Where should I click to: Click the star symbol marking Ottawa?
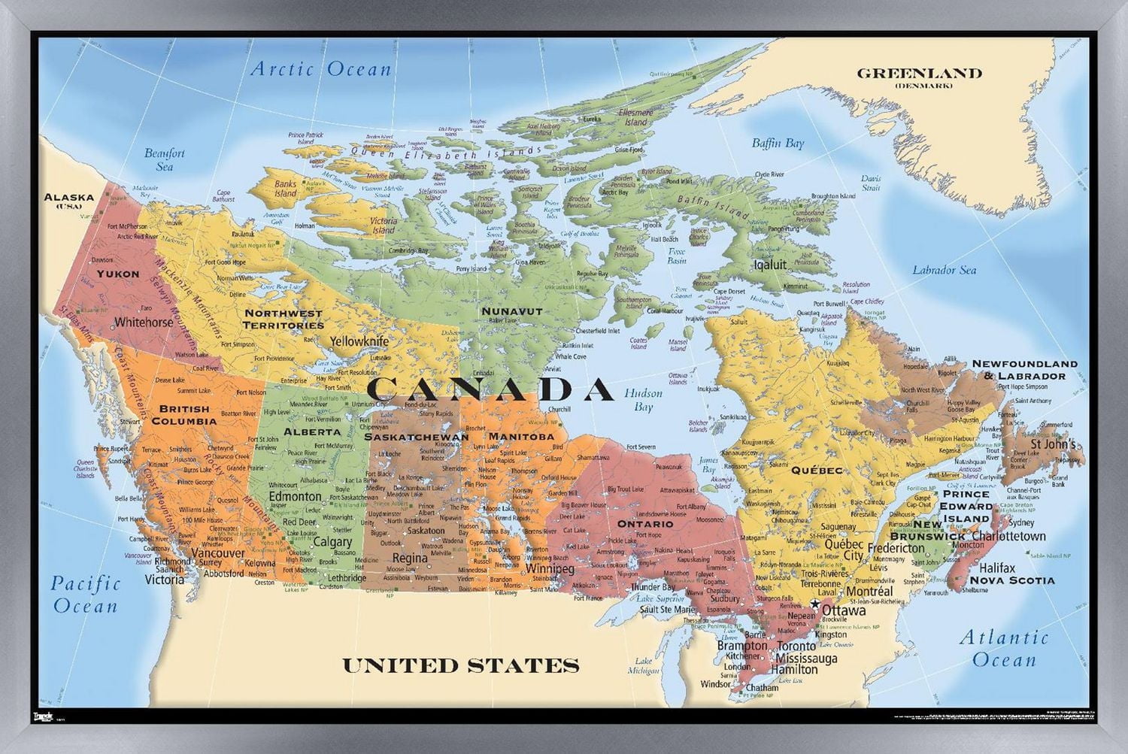pyautogui.click(x=814, y=605)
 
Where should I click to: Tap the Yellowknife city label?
pyautogui.click(x=359, y=341)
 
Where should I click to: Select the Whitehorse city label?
pyautogui.click(x=144, y=322)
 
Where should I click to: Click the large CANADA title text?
pyautogui.click(x=490, y=389)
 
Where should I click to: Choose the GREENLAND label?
pyautogui.click(x=919, y=74)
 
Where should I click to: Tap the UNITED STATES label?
pyautogui.click(x=461, y=665)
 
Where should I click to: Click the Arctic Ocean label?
pyautogui.click(x=321, y=70)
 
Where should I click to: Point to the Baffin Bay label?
pyautogui.click(x=778, y=143)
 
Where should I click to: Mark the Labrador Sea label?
pyautogui.click(x=944, y=270)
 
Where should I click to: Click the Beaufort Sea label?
pyautogui.click(x=164, y=159)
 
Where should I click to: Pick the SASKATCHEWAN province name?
pyautogui.click(x=416, y=437)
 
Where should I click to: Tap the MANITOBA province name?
pyautogui.click(x=520, y=436)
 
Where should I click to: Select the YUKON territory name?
pyautogui.click(x=118, y=274)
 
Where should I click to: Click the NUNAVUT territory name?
pyautogui.click(x=511, y=310)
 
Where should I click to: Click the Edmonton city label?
pyautogui.click(x=295, y=497)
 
